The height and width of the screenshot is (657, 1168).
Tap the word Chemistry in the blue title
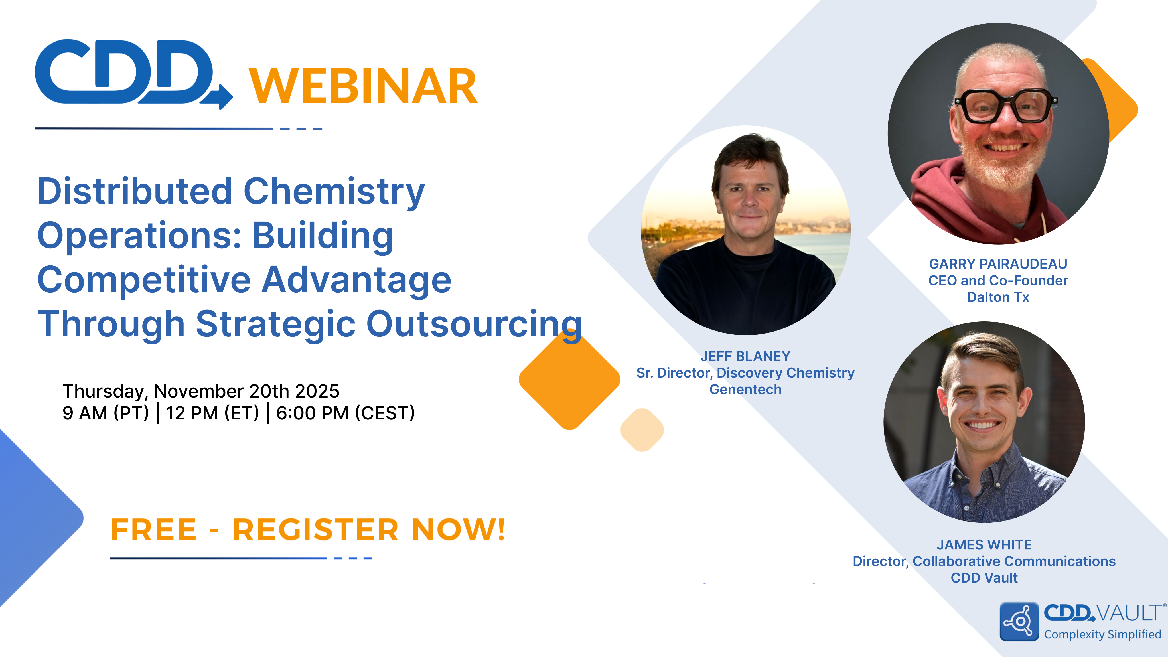point(334,191)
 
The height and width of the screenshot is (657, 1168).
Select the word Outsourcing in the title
point(474,324)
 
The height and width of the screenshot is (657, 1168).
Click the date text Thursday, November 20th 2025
point(201,391)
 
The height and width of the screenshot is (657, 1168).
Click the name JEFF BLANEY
point(745,356)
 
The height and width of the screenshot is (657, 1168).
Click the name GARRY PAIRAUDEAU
point(998,264)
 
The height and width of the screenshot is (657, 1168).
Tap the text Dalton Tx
point(998,297)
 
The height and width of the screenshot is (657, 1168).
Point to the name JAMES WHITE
point(984,545)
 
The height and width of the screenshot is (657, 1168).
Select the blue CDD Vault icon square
point(1019,621)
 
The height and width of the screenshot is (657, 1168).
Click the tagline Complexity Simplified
point(1102,634)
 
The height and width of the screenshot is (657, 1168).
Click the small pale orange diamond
point(642,430)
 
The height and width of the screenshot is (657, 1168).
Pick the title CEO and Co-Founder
point(998,281)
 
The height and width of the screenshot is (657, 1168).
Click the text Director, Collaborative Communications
point(984,561)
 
